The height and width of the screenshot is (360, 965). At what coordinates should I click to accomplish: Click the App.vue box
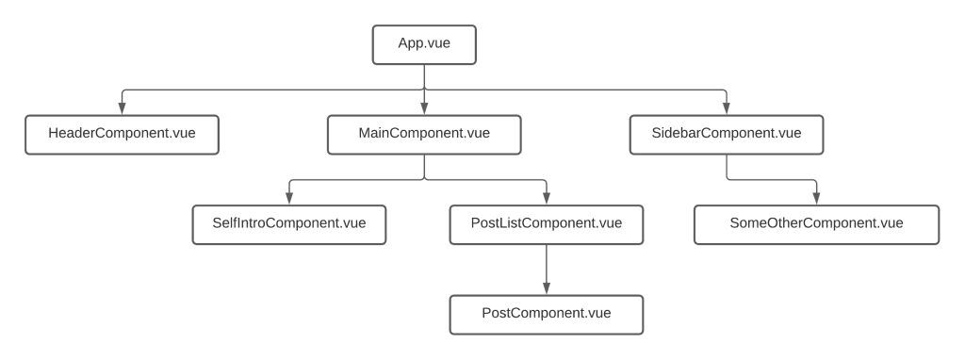[x=424, y=43]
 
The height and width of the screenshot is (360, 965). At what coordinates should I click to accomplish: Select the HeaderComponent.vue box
[x=122, y=134]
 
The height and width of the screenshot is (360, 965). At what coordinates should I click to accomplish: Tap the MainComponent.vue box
[x=424, y=134]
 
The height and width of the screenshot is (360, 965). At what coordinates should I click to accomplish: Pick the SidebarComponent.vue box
[x=727, y=134]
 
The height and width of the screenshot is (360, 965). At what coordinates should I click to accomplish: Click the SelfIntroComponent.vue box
[x=288, y=224]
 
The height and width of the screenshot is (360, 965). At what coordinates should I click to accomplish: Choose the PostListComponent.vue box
[x=546, y=224]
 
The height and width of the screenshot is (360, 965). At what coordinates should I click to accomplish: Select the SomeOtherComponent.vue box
[x=816, y=224]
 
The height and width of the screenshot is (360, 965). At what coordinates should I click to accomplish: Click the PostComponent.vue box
[x=546, y=314]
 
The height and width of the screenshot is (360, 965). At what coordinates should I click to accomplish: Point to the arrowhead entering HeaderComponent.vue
[x=122, y=108]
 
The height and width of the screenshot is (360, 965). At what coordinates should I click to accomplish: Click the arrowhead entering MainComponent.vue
[x=424, y=108]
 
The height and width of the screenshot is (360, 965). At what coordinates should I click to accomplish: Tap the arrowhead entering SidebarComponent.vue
[x=727, y=108]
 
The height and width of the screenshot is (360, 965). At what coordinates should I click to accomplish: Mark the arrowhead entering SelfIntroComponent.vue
[x=288, y=199]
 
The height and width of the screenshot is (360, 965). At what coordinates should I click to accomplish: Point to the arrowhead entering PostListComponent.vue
[x=546, y=199]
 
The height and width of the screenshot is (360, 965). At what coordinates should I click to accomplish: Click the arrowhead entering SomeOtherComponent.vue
[x=816, y=199]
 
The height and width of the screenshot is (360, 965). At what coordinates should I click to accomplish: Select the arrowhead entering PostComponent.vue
[x=546, y=288]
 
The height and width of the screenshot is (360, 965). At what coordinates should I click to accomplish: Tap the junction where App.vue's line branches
[x=424, y=90]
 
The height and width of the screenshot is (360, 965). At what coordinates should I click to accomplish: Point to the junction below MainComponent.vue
[x=424, y=179]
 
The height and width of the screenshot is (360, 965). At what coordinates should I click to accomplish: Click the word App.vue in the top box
[x=424, y=43]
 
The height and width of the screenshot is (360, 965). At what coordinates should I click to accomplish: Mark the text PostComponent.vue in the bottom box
[x=546, y=314]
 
